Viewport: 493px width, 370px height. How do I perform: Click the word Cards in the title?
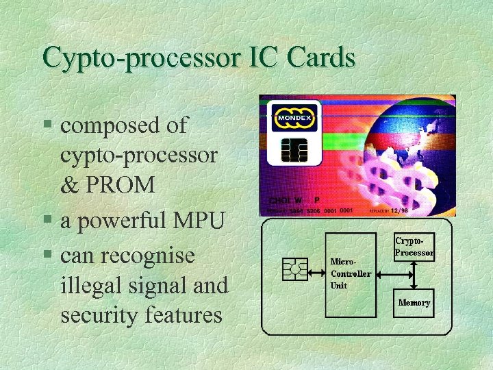pos(322,58)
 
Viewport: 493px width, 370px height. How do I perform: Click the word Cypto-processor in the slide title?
pos(140,58)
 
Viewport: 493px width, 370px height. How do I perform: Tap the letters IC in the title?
pos(264,58)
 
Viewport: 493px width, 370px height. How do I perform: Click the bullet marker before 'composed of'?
pos(47,126)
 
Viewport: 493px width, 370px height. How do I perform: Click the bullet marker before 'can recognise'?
pos(47,256)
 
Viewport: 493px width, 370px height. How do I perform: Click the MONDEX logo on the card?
pos(293,118)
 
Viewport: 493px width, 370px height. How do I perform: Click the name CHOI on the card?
pos(279,201)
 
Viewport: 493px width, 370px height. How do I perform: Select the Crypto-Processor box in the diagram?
pos(414,247)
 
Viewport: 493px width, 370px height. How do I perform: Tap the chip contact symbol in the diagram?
pos(295,269)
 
